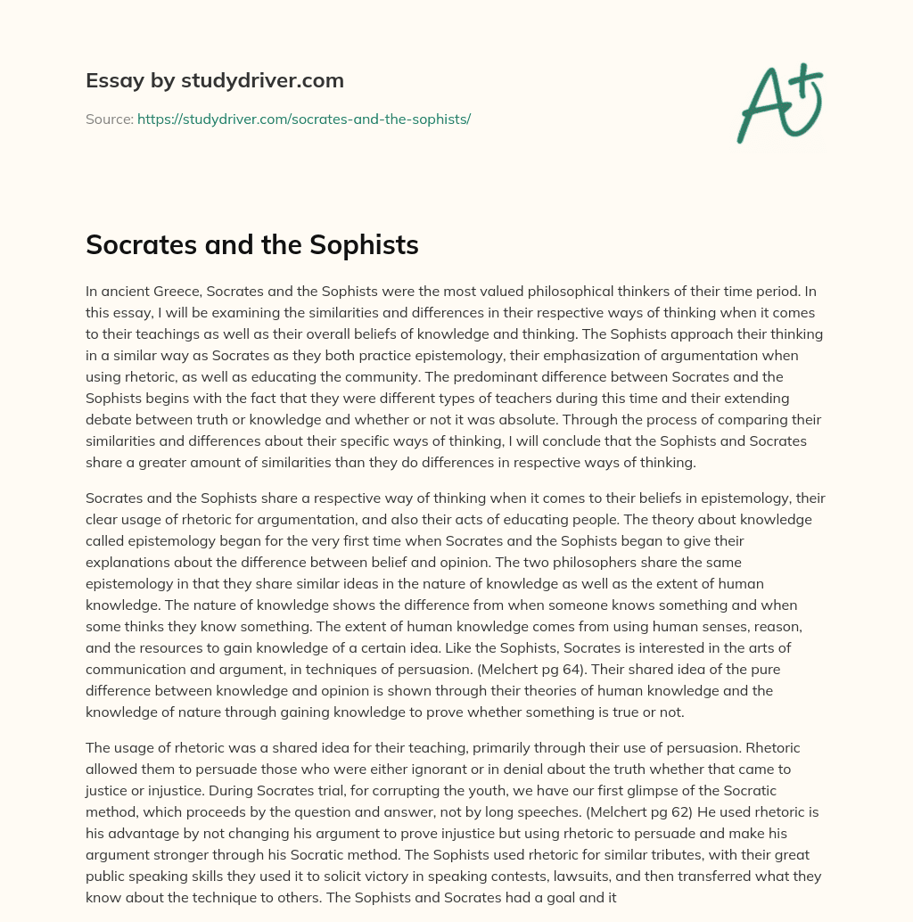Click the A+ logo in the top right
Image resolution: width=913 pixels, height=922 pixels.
tap(778, 104)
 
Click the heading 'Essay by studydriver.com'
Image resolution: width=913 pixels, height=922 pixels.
tap(214, 81)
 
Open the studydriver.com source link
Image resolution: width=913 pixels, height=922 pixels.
tap(303, 119)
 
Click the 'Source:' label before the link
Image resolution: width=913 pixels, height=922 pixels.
tap(109, 119)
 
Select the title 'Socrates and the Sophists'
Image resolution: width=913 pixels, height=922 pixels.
tap(251, 244)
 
